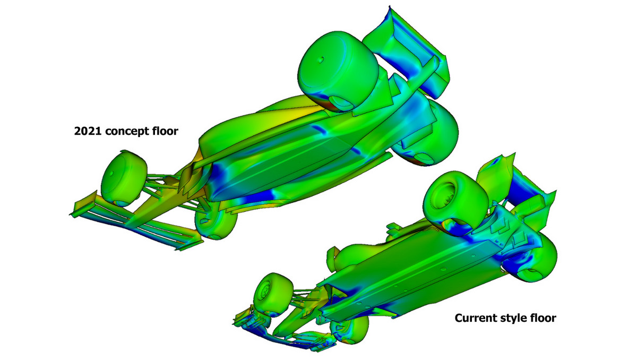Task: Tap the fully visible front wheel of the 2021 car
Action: click(x=124, y=178)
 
